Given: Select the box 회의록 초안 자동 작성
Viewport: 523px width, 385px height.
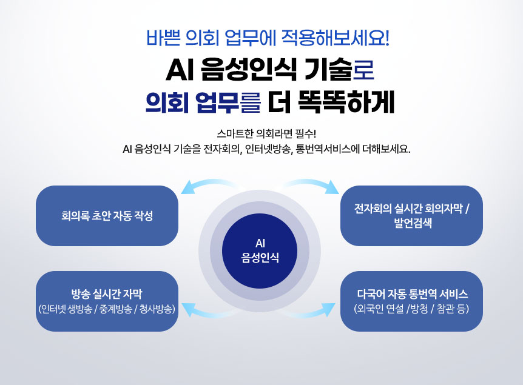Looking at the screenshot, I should (107, 216).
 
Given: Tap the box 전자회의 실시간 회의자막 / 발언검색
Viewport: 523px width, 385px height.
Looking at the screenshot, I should (411, 216).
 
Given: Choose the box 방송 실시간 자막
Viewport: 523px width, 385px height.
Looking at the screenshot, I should (107, 301).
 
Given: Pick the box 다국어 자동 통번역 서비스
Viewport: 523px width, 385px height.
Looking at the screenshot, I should (411, 301).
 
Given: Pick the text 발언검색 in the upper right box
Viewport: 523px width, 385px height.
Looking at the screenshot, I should (411, 223).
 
